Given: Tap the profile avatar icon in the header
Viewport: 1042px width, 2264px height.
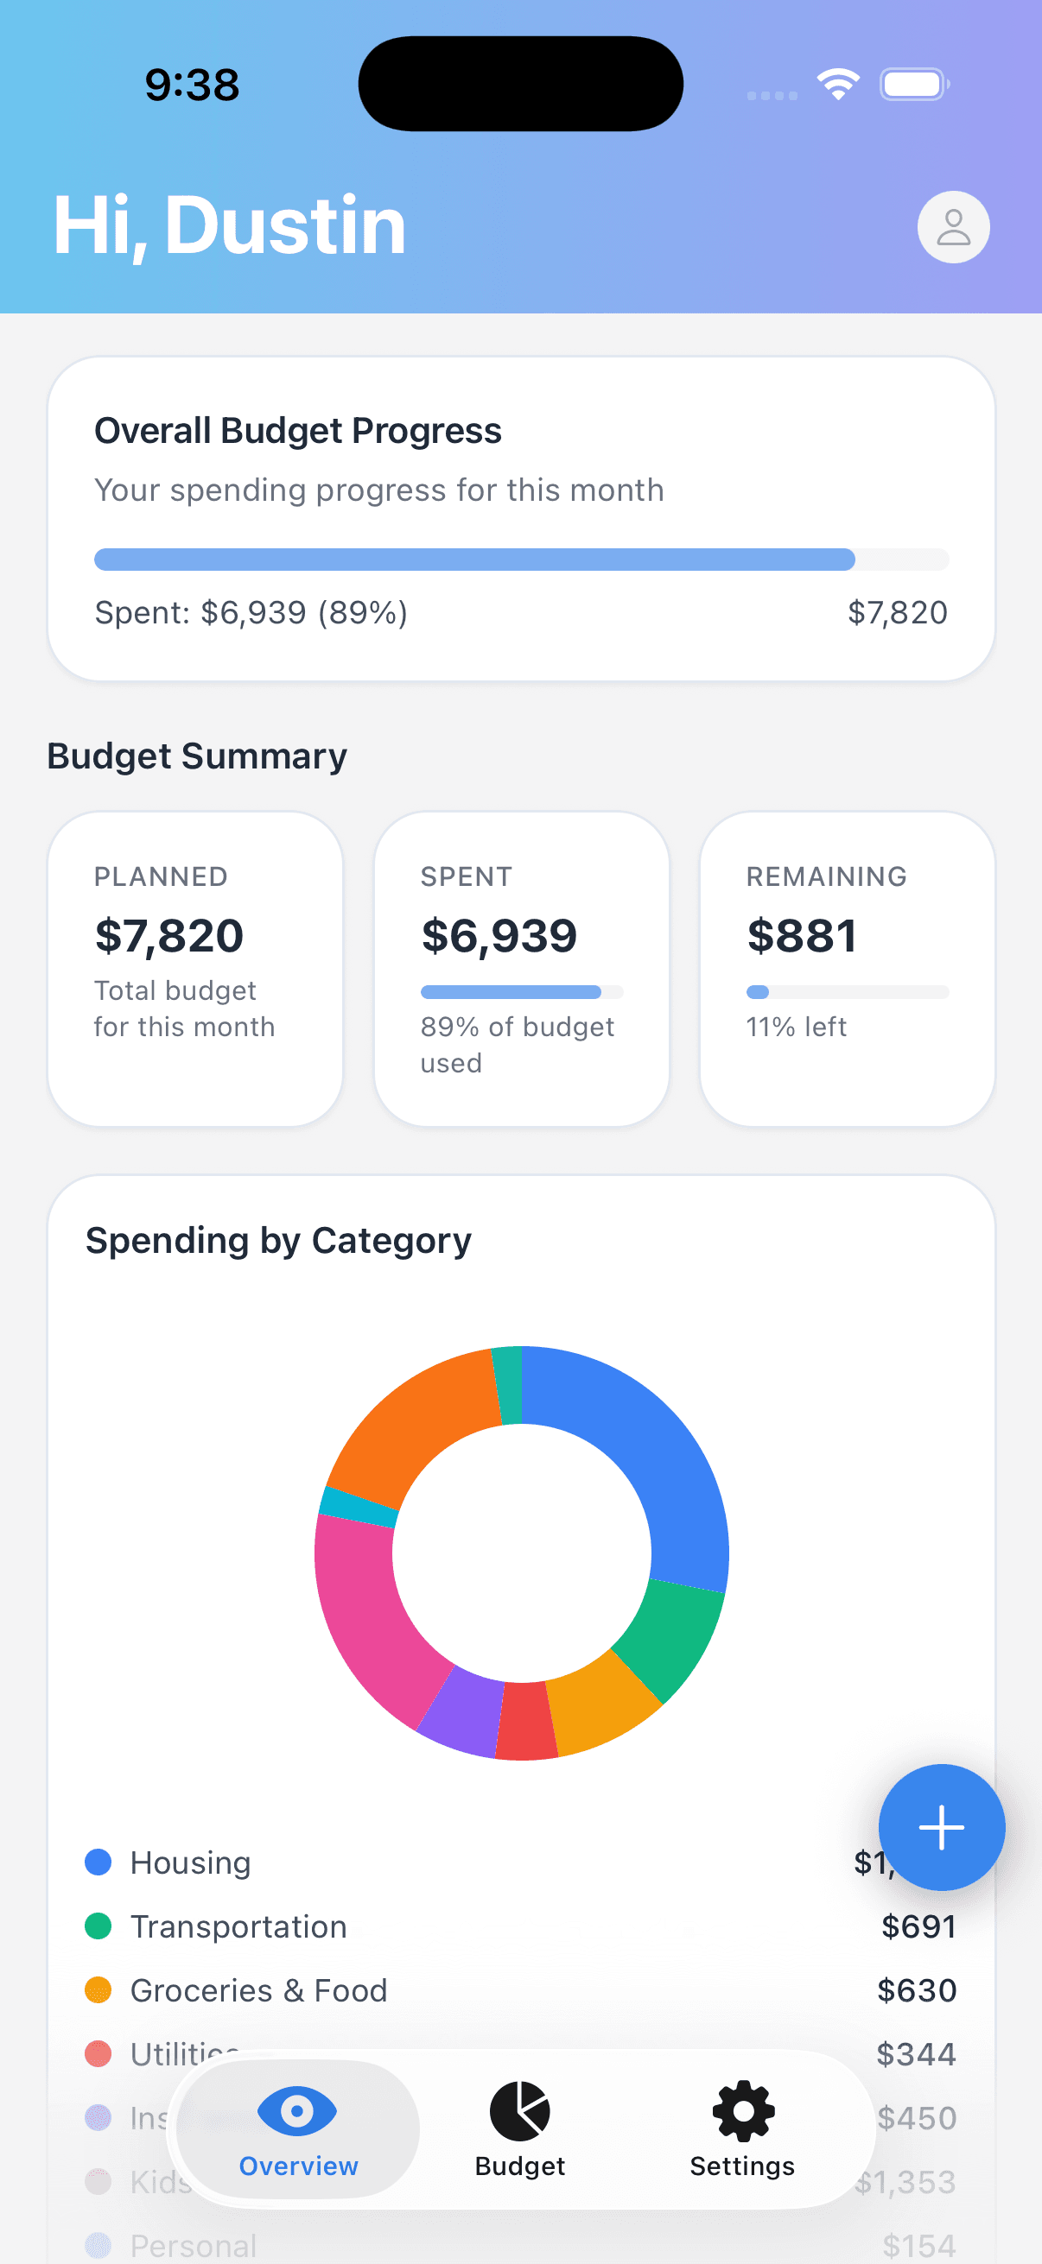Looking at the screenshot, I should tap(953, 227).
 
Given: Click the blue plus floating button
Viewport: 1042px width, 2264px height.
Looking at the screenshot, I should tap(941, 1827).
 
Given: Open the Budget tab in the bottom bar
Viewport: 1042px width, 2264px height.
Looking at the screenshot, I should tap(519, 2128).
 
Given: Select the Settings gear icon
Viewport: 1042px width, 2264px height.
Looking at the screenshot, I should tap(742, 2111).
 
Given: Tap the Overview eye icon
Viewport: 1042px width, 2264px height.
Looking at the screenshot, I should tap(297, 2111).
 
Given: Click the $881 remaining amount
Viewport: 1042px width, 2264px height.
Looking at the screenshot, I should tap(801, 936).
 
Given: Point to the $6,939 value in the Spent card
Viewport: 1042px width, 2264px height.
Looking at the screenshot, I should tap(499, 936).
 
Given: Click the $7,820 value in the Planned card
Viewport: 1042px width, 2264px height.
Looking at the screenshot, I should tap(168, 936).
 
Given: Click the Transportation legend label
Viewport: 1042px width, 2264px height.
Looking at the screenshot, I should tap(238, 1926).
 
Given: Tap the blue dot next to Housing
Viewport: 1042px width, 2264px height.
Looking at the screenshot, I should tap(98, 1862).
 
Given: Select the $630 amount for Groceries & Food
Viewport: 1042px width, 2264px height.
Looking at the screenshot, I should tap(916, 1990).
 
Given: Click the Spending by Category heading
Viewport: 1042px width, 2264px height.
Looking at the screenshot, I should tap(278, 1241).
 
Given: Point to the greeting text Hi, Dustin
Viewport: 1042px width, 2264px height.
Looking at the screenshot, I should tap(230, 226).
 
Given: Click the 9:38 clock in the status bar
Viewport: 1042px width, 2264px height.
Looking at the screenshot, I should tap(192, 85).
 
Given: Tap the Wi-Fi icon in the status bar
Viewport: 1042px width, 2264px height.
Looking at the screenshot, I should tap(838, 85).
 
